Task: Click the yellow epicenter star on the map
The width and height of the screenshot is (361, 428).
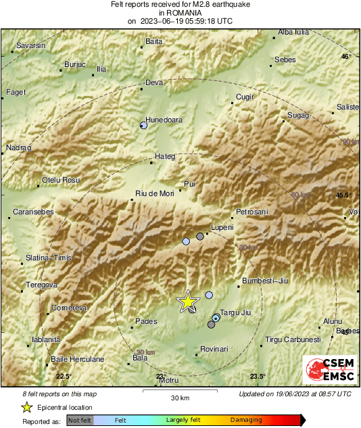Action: click(x=187, y=302)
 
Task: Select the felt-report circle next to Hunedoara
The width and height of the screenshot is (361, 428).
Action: click(x=143, y=125)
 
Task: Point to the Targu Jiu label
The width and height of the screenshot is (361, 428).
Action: click(x=237, y=312)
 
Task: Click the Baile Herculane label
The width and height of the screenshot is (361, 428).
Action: click(x=78, y=359)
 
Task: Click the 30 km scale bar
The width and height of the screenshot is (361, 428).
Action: click(x=179, y=390)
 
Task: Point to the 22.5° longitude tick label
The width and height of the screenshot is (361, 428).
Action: click(x=63, y=377)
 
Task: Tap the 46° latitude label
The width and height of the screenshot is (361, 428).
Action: click(x=346, y=57)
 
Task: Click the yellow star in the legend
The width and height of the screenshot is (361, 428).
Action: click(x=26, y=407)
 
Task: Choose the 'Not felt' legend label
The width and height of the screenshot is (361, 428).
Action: click(x=80, y=420)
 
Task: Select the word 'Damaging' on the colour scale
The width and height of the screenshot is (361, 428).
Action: click(x=246, y=420)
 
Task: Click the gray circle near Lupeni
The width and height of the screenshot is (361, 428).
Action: click(x=199, y=236)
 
